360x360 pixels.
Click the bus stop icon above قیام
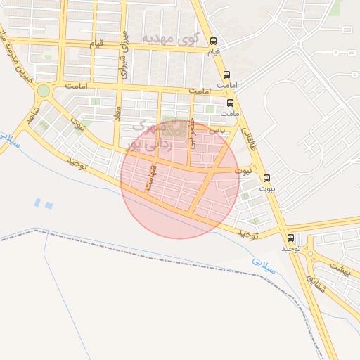click(x=214, y=40)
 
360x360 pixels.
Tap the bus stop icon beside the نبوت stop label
click(x=266, y=178)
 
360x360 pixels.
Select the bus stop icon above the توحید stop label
click(x=291, y=238)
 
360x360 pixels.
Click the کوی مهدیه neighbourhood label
click(x=170, y=37)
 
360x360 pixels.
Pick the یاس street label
click(x=219, y=130)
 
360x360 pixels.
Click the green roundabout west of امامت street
click(x=44, y=91)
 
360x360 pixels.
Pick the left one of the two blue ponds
click(x=37, y=202)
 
